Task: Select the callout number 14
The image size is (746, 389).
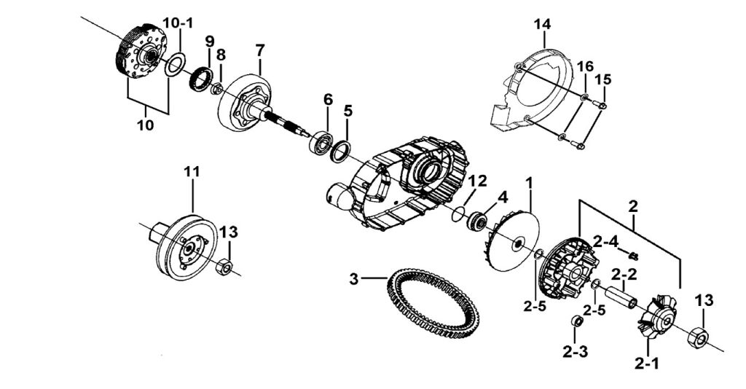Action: coord(542,24)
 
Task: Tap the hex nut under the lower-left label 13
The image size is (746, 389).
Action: coord(224,267)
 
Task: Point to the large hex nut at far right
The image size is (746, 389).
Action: coord(699,337)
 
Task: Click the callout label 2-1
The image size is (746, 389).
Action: coord(647,364)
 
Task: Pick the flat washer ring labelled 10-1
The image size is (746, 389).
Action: coord(176,65)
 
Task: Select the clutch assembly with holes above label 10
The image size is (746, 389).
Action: coord(141,52)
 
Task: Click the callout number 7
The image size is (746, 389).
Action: coord(260,50)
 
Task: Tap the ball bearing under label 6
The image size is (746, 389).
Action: coord(321,141)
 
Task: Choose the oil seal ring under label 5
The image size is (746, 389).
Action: coord(341,152)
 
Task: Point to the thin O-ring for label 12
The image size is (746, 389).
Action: coord(458,213)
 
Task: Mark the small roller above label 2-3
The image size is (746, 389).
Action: coord(576,321)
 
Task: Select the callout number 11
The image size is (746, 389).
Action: coord(192,171)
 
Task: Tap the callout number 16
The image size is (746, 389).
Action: coord(586,66)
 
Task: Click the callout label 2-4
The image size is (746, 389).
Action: coord(605,241)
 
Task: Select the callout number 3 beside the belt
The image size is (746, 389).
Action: coord(353,279)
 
